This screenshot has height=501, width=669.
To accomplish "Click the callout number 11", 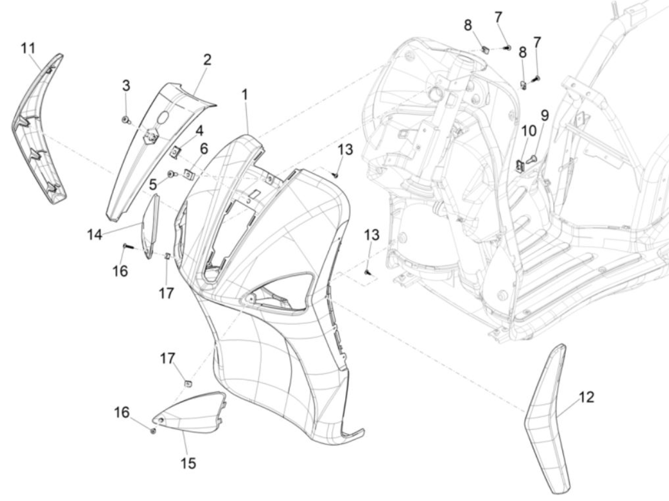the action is [28, 48].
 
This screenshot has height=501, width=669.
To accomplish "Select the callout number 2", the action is [207, 60].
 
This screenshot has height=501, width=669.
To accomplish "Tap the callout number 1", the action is [244, 95].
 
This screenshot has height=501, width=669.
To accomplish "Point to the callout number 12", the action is [587, 397].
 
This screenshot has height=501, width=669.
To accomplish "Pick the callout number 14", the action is [95, 235].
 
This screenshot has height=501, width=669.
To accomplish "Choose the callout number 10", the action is [528, 131].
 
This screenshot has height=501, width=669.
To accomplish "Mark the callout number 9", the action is [544, 115].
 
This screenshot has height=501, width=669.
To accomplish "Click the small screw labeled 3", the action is [125, 120].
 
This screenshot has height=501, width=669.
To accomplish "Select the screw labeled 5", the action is [172, 174].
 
